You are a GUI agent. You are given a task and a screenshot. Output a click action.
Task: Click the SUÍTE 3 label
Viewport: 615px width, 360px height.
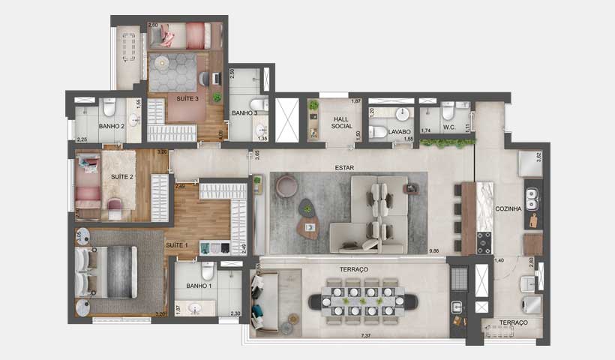pyautogui.click(x=187, y=98)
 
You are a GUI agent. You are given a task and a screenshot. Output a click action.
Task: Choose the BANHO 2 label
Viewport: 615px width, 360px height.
pyautogui.click(x=111, y=127)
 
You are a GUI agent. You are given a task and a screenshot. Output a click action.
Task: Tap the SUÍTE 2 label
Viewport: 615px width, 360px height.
pyautogui.click(x=121, y=177)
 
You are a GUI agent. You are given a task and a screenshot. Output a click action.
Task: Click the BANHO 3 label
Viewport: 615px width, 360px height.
pyautogui.click(x=244, y=113)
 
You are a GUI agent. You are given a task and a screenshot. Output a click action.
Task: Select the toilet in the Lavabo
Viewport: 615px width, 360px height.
pyautogui.click(x=378, y=132)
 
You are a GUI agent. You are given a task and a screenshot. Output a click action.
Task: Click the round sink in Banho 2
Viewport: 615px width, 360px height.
pyautogui.click(x=135, y=119)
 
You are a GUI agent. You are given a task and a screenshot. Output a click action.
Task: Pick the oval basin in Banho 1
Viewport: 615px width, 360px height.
pyautogui.click(x=197, y=307)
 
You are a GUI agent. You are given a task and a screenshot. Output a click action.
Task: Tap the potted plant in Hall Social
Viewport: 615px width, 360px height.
pyautogui.click(x=313, y=106)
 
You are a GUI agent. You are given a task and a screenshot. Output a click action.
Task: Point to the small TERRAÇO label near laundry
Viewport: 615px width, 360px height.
pyautogui.click(x=514, y=322)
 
